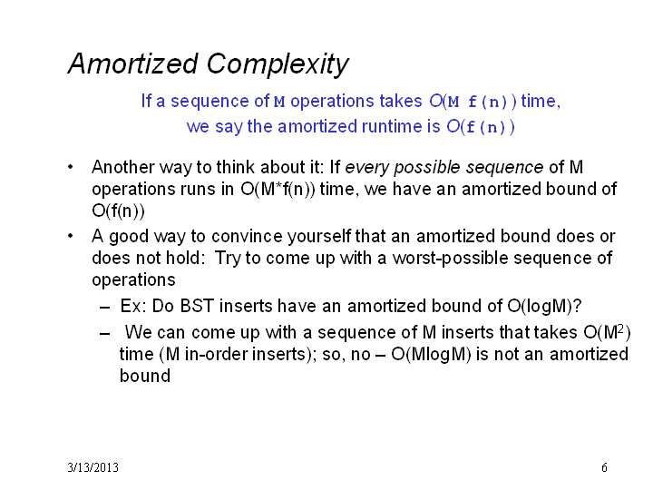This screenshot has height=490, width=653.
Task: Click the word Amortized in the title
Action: (132, 64)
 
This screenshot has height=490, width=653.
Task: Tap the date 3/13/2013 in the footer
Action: (93, 467)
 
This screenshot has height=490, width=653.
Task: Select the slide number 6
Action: (604, 467)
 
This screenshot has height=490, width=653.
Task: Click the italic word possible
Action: (427, 168)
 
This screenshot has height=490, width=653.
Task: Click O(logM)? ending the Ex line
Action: (544, 307)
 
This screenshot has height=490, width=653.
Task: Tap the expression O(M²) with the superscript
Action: (607, 332)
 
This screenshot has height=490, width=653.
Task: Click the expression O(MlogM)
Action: (431, 355)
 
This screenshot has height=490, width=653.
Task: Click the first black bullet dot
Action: (71, 167)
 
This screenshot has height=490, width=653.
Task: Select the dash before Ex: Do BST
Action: (105, 308)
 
